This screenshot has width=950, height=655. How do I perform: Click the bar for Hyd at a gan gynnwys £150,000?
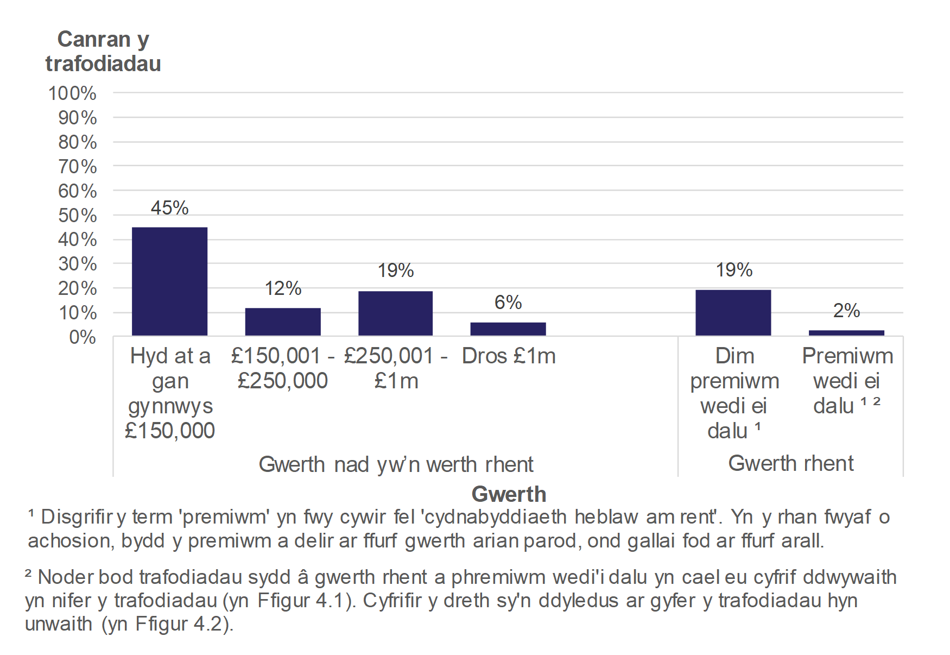click(169, 281)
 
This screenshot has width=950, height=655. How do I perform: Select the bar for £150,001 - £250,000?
click(282, 322)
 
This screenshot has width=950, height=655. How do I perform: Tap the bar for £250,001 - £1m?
click(395, 313)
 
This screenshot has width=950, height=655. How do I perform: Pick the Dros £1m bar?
click(508, 329)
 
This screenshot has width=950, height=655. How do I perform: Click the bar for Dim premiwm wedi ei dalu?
click(733, 313)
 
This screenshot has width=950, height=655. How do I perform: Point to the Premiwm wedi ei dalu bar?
click(846, 333)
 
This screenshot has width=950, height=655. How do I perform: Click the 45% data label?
click(169, 208)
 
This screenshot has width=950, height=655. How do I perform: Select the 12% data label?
click(283, 288)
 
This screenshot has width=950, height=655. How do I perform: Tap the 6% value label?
click(508, 303)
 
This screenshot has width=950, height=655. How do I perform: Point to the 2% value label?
click(846, 311)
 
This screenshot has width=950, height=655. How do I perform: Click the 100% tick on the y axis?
click(72, 93)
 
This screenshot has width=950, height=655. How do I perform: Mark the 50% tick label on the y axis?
click(77, 216)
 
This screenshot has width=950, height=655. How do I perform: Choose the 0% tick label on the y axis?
click(83, 337)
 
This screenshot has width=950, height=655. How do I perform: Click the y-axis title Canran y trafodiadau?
click(103, 52)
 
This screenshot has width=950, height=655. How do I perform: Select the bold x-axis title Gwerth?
click(509, 494)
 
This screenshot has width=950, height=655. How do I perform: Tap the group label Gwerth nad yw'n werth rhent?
click(396, 464)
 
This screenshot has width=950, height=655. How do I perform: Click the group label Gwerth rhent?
click(790, 463)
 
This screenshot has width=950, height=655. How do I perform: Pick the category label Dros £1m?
click(509, 356)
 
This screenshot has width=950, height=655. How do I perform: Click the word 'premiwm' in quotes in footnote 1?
click(224, 517)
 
